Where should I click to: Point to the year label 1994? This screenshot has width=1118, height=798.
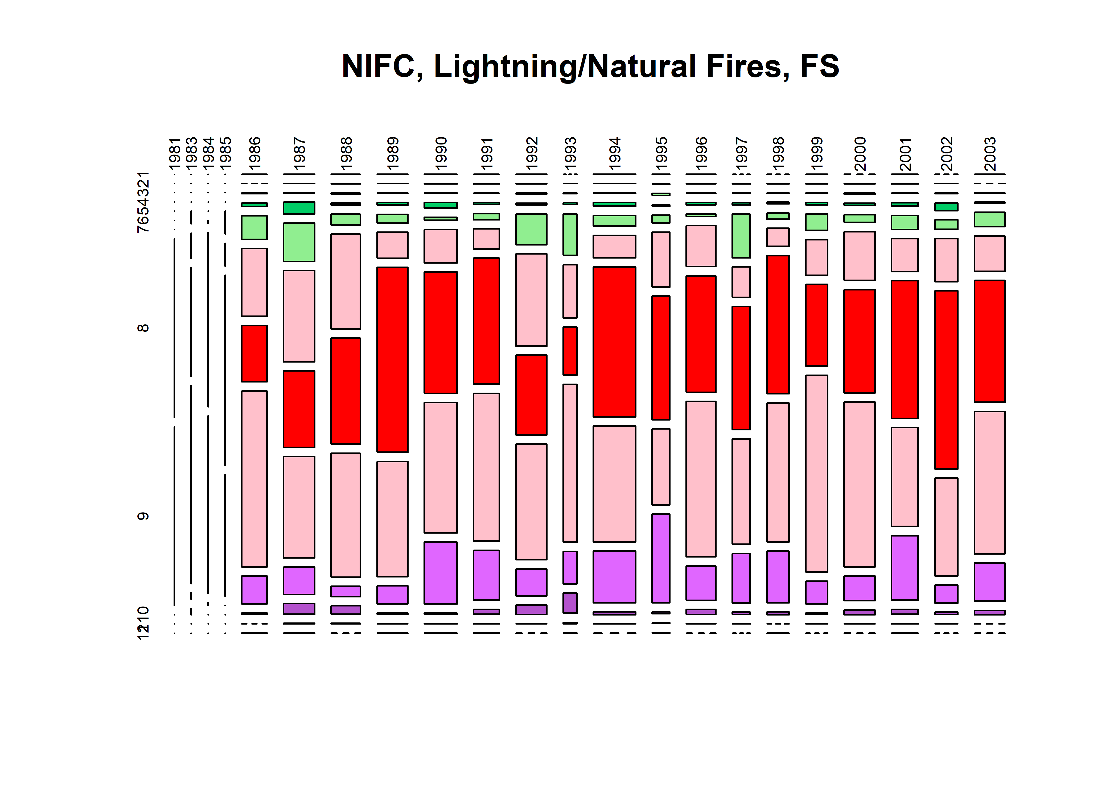coord(615,154)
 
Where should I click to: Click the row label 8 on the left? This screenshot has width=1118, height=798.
coord(143,328)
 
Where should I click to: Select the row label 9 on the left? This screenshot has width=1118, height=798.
coord(143,516)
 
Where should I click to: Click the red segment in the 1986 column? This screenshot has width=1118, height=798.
coord(254,353)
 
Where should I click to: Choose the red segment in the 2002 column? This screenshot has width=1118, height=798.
coord(946,379)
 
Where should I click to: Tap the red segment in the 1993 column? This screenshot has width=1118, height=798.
coord(570,351)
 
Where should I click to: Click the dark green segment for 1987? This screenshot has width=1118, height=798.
coord(299,208)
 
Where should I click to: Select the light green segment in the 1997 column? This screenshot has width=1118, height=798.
coord(741,235)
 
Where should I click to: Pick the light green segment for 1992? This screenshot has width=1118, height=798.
coord(531,229)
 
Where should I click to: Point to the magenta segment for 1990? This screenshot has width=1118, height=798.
coord(441,572)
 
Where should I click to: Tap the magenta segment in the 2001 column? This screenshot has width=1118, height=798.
coord(905,568)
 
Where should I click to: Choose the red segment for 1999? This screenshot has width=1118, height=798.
coord(816,325)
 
